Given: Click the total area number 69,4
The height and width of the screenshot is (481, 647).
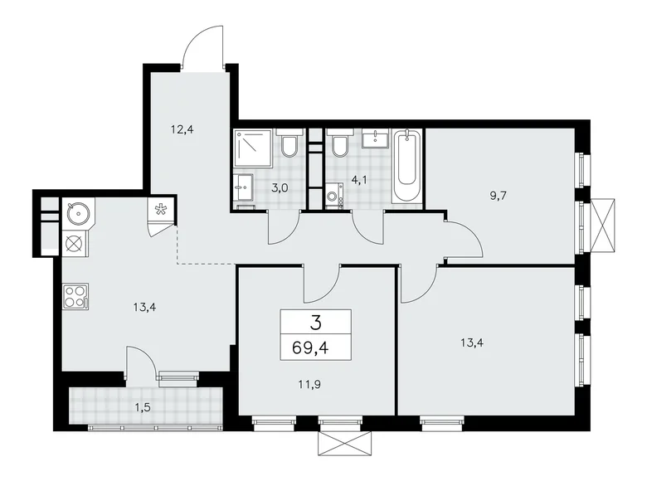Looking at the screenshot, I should click(315, 347).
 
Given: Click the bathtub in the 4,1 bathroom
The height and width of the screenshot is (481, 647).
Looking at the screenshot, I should click(407, 167).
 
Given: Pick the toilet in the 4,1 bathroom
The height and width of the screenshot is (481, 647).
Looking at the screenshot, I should click(339, 146).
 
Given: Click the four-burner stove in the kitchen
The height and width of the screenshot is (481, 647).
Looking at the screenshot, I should click(75, 296).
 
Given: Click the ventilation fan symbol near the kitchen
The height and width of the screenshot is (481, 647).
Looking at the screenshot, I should click(161, 212).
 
